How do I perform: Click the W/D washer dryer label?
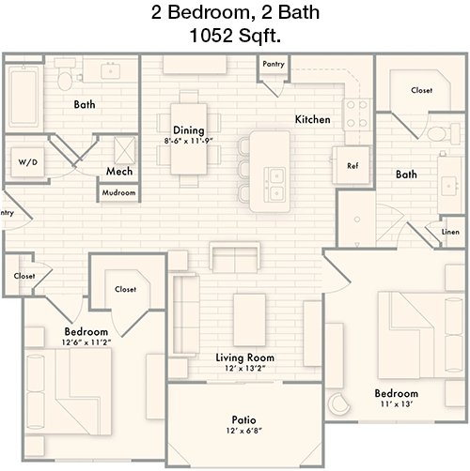pos(28,162)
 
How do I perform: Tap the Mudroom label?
pos(118,192)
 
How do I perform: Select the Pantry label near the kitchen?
pos(274,64)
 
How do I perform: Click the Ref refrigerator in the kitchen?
pos(352,166)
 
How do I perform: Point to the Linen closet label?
pos(450,232)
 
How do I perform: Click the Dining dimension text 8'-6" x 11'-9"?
pos(188,141)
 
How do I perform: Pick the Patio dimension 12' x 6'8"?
pos(244,431)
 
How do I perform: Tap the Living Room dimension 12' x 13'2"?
pos(245,369)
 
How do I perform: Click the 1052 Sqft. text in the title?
pos(235,36)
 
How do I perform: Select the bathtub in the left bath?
pos(23,98)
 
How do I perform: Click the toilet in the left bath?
pos(65,75)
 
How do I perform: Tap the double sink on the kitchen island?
pos(274,185)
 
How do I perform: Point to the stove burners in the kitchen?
pos(357,114)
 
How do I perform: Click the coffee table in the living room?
pos(249,320)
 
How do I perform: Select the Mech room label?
pos(119,172)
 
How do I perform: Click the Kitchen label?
pos(313,119)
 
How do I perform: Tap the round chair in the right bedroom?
pos(338,403)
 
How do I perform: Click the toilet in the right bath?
pos(442,133)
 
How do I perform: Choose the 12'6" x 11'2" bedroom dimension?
pos(86,342)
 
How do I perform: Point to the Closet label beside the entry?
pos(24,276)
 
